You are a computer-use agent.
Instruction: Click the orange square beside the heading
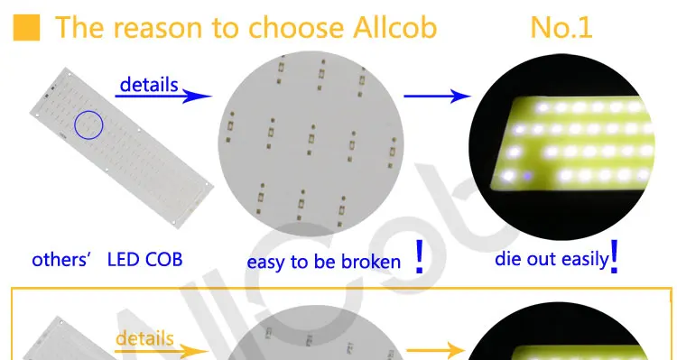tap(26, 28)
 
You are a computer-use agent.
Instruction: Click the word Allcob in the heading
tap(395, 28)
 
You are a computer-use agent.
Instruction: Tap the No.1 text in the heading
tap(561, 28)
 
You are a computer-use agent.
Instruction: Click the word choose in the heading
tap(296, 28)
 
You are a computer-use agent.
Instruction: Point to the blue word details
tap(149, 85)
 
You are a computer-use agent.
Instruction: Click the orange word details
tap(144, 338)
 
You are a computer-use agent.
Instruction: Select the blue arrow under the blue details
tap(163, 96)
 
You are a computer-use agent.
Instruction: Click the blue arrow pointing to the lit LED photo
tap(437, 96)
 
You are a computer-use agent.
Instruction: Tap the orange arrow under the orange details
tap(162, 351)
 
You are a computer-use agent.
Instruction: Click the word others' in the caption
tap(60, 260)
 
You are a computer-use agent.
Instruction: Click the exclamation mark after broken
tap(419, 257)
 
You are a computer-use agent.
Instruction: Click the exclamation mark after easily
tap(614, 257)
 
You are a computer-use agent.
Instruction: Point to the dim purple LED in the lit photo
tap(527, 176)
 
